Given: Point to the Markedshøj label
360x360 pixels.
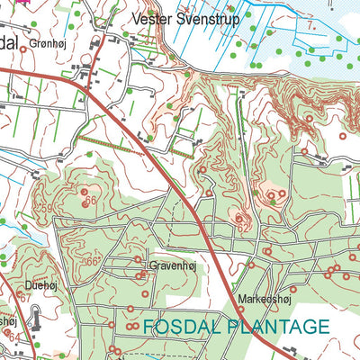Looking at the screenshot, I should point(261,298).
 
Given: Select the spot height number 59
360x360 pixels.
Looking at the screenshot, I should point(47,210).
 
